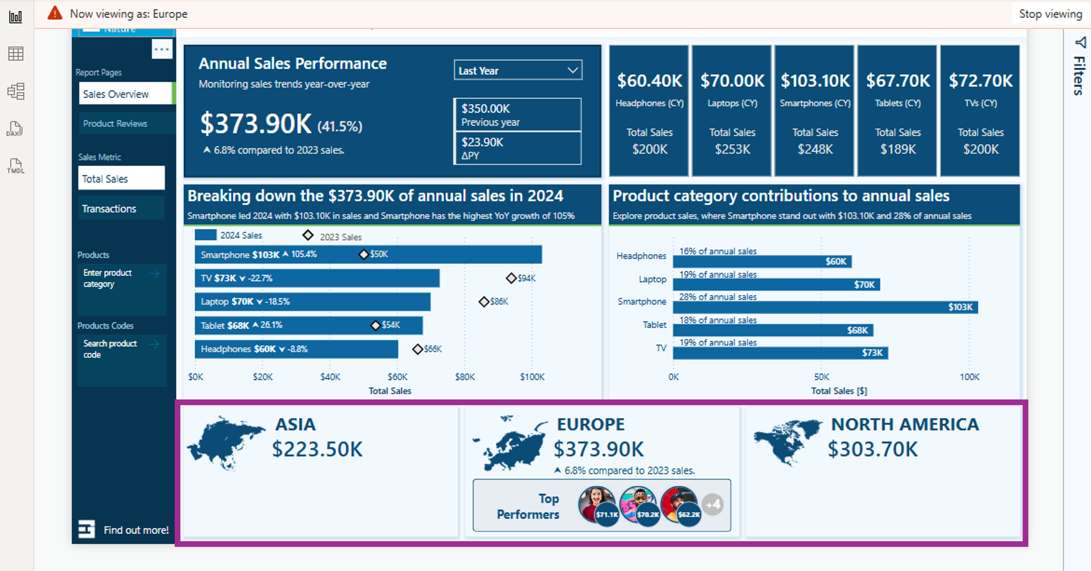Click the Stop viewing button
coord(1050,14)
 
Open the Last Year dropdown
coord(518,70)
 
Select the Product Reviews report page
coord(115,124)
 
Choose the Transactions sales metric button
coord(109,209)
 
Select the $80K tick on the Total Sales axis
coord(465,377)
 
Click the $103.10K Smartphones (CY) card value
coord(815,80)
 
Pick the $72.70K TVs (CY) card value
coord(980,80)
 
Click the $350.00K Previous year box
coord(517,115)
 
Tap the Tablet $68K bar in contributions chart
coord(773,330)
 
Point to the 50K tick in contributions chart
coord(821,377)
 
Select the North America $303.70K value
coord(872,449)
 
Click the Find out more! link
coord(136,530)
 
